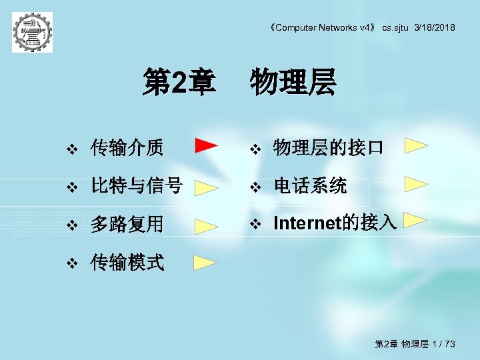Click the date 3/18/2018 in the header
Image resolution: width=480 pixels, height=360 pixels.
tap(435, 27)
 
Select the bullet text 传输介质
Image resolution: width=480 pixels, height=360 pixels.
tap(127, 147)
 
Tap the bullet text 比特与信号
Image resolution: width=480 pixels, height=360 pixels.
tap(136, 186)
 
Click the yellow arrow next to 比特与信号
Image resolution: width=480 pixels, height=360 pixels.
tap(207, 187)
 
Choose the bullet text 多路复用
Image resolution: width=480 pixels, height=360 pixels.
tap(127, 224)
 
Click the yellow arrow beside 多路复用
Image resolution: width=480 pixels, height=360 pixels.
tap(207, 225)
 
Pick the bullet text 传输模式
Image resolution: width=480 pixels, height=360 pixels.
tap(127, 262)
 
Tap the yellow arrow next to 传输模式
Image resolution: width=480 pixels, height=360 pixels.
tap(206, 262)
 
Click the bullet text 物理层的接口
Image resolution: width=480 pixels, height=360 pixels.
tap(328, 147)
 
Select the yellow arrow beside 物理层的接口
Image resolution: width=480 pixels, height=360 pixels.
tap(416, 145)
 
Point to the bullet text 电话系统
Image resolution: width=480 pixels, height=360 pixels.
tap(310, 186)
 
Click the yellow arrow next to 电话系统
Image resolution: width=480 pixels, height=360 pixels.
tap(416, 183)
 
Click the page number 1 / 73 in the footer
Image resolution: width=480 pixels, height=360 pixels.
tap(442, 344)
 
